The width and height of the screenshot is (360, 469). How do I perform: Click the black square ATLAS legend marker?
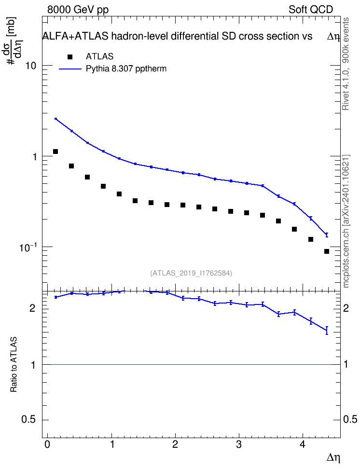(x=70, y=57)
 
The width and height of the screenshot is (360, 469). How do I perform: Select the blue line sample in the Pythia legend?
(x=70, y=69)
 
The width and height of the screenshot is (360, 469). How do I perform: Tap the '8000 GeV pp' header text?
(x=78, y=10)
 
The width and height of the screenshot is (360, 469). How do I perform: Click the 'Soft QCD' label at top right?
(x=311, y=10)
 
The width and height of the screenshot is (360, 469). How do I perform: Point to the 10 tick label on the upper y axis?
(x=30, y=66)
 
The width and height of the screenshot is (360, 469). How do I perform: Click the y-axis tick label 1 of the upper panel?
(x=34, y=156)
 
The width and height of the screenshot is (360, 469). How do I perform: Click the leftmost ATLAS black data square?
(x=55, y=152)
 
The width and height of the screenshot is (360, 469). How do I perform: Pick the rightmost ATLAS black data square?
(x=327, y=251)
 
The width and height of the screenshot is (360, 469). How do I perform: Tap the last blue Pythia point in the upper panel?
(x=327, y=235)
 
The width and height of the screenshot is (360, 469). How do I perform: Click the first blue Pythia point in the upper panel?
(x=55, y=119)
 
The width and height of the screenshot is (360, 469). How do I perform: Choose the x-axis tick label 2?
(x=175, y=444)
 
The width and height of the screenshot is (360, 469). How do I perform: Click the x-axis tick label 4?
(x=303, y=444)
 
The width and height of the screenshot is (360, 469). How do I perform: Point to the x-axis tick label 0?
(x=47, y=444)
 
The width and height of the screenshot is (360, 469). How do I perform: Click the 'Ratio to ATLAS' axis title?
(x=14, y=364)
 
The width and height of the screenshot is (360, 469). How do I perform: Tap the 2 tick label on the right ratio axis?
(x=346, y=308)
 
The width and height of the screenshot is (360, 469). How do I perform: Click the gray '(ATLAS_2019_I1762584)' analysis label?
(x=191, y=273)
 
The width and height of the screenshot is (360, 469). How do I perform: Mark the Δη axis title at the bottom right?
(x=333, y=458)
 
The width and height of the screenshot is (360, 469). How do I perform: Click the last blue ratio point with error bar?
(x=327, y=330)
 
